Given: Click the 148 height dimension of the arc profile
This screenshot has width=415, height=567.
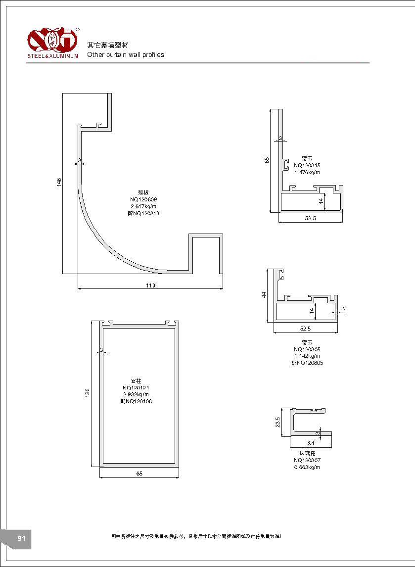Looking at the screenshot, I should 59,182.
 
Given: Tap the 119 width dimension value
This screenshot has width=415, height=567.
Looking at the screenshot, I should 151,285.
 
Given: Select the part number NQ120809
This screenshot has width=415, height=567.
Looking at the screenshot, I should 143,199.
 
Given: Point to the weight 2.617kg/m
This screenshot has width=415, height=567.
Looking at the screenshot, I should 143,206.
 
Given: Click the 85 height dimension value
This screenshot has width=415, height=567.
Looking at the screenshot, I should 267,160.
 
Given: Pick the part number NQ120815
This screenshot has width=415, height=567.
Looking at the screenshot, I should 307,165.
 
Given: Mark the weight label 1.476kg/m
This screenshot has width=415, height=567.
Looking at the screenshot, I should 307,172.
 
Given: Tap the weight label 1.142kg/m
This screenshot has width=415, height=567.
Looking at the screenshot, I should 307,356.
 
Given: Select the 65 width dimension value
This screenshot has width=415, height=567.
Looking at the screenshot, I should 139,474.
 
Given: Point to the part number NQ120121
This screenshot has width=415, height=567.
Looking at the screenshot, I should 136,387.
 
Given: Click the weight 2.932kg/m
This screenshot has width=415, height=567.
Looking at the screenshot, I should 136,394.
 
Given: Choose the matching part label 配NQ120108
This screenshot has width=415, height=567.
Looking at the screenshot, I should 136,401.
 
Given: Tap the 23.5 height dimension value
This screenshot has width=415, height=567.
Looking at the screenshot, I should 277,422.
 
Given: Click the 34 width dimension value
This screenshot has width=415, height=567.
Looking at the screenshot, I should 311,443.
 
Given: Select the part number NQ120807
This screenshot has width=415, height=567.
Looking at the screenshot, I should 307,460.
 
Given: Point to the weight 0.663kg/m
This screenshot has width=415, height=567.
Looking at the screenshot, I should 307,467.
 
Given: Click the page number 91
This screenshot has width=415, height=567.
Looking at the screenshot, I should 21,539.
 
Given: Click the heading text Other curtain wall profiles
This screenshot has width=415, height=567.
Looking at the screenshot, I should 126,55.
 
